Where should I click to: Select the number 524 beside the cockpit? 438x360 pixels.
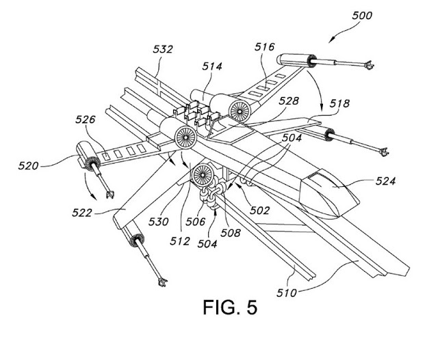385,181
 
